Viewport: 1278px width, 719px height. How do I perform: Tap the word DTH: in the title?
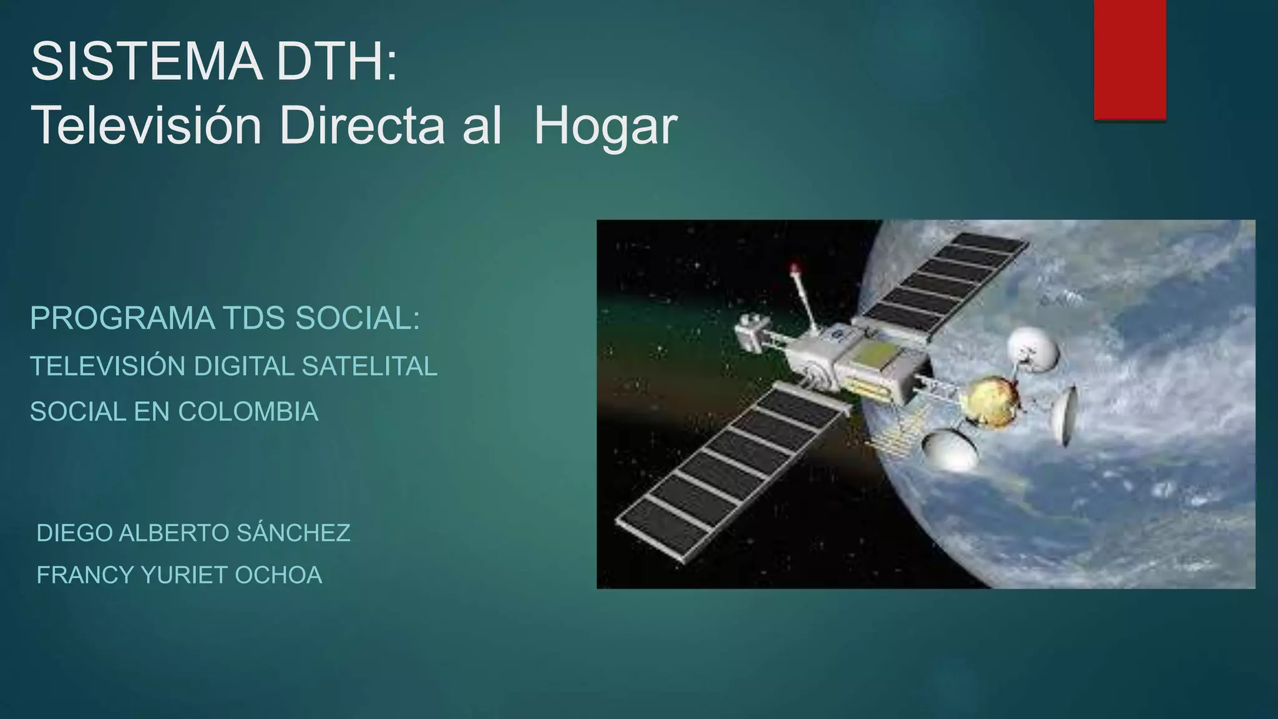tap(337, 61)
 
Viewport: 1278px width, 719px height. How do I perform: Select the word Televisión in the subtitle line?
tap(146, 126)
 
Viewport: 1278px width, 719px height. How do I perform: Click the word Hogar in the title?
tap(605, 126)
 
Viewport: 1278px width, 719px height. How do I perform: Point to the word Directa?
tap(362, 126)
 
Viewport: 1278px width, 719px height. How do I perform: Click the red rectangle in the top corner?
tap(1129, 59)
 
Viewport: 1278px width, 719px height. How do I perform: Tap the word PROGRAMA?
tap(122, 319)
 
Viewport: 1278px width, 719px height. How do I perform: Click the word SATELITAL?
tap(369, 366)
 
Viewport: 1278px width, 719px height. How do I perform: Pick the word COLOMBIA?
tap(248, 412)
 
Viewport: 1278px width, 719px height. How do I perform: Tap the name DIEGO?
tap(75, 533)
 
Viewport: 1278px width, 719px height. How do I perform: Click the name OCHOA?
tap(278, 575)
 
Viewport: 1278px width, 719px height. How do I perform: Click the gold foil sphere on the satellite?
tap(992, 401)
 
